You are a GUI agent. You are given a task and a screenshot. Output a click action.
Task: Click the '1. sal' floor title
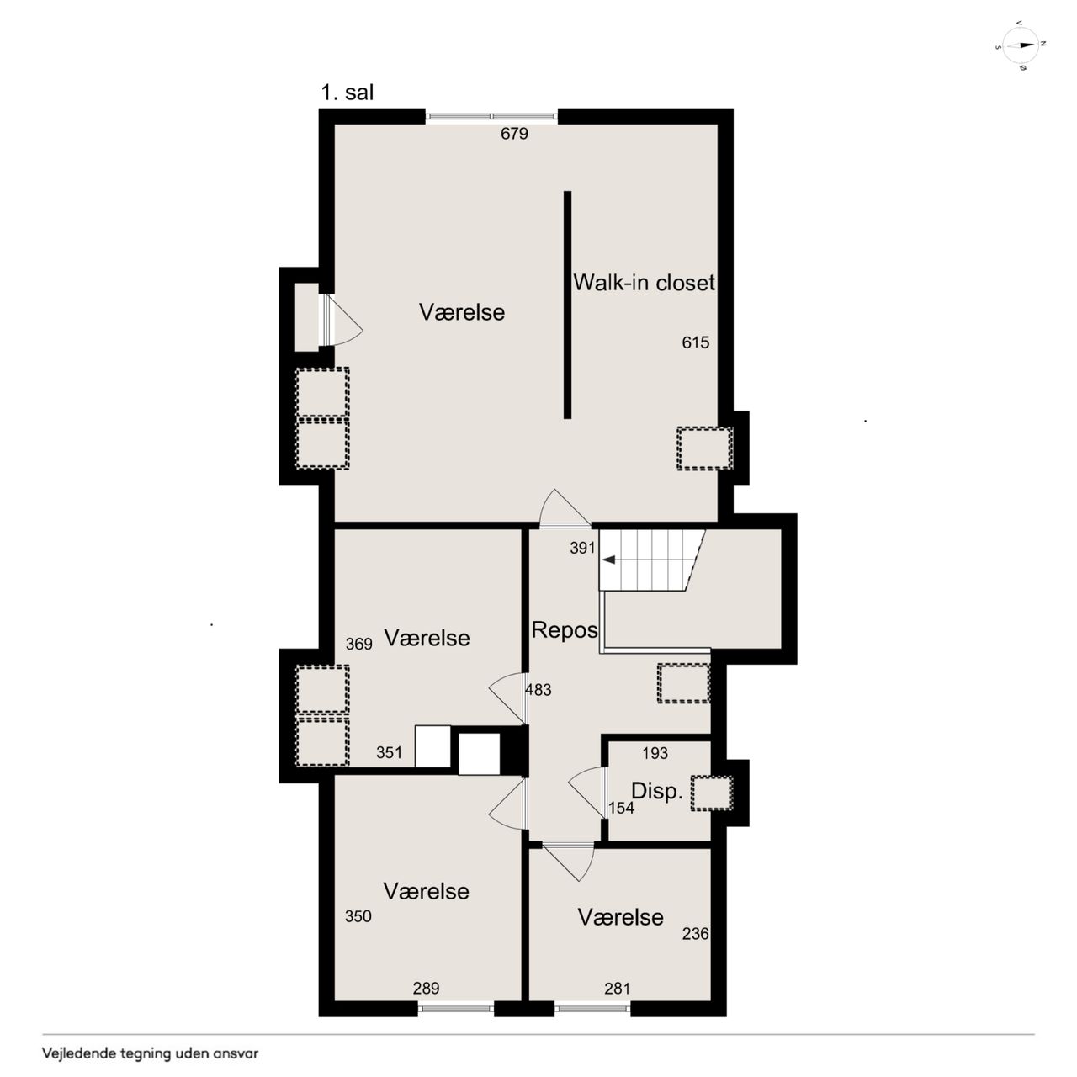pos(347,93)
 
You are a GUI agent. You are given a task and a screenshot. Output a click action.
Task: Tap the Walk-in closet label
pos(644,283)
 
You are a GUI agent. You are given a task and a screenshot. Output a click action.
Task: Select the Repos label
pos(564,630)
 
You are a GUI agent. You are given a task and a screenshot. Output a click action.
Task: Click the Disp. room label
pos(656,792)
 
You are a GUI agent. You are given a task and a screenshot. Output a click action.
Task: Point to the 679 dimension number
pos(514,134)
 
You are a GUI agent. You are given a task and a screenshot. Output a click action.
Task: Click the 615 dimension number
pos(695,342)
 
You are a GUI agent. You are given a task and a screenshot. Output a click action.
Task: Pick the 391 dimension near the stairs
pos(582,548)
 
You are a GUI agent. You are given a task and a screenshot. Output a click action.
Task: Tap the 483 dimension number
pos(538,690)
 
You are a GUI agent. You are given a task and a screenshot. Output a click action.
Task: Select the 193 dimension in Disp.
pos(655,753)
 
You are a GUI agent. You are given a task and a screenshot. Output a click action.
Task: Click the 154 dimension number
pos(622,808)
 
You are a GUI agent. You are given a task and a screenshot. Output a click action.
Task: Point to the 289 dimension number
pos(426,989)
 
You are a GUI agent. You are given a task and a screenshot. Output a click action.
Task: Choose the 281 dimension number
pos(617,989)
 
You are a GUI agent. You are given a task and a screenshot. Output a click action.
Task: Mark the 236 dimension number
pos(695,934)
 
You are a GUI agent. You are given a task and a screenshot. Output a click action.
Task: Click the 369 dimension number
pos(358,645)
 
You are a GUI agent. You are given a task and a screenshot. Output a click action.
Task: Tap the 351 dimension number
pos(389,753)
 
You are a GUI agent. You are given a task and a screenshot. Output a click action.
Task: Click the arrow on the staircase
pos(608,560)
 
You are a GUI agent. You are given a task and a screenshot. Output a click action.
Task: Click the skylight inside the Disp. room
pos(712,793)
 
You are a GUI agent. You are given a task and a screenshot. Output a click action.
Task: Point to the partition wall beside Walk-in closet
pos(567,305)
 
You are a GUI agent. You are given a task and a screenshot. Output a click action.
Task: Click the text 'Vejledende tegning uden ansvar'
pos(151,1054)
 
